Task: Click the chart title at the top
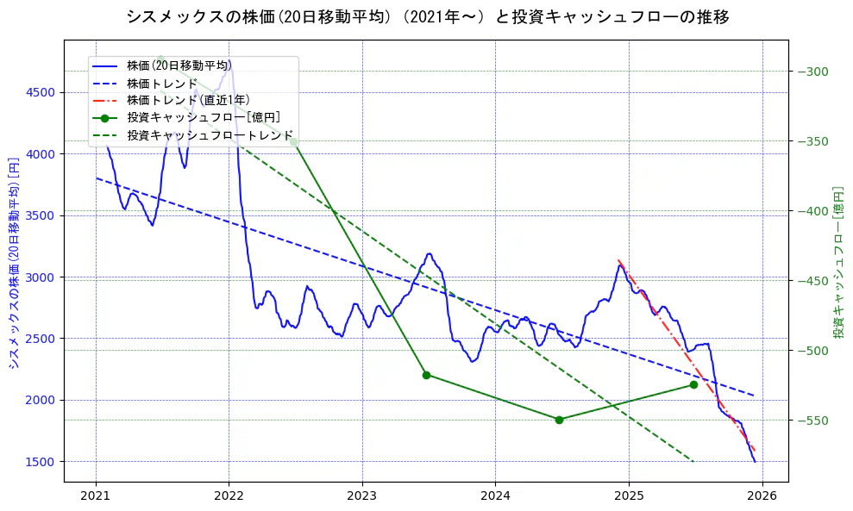click(x=427, y=17)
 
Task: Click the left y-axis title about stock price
click(x=13, y=263)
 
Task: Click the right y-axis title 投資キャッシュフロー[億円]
click(x=837, y=262)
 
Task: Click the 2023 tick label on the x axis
click(x=362, y=497)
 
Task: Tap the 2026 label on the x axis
click(x=762, y=497)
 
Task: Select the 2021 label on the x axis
click(x=96, y=497)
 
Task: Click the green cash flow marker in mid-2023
click(x=426, y=375)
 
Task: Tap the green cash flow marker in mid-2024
click(x=559, y=420)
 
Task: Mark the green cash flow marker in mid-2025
click(x=693, y=384)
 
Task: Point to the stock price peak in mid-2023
click(x=429, y=253)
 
